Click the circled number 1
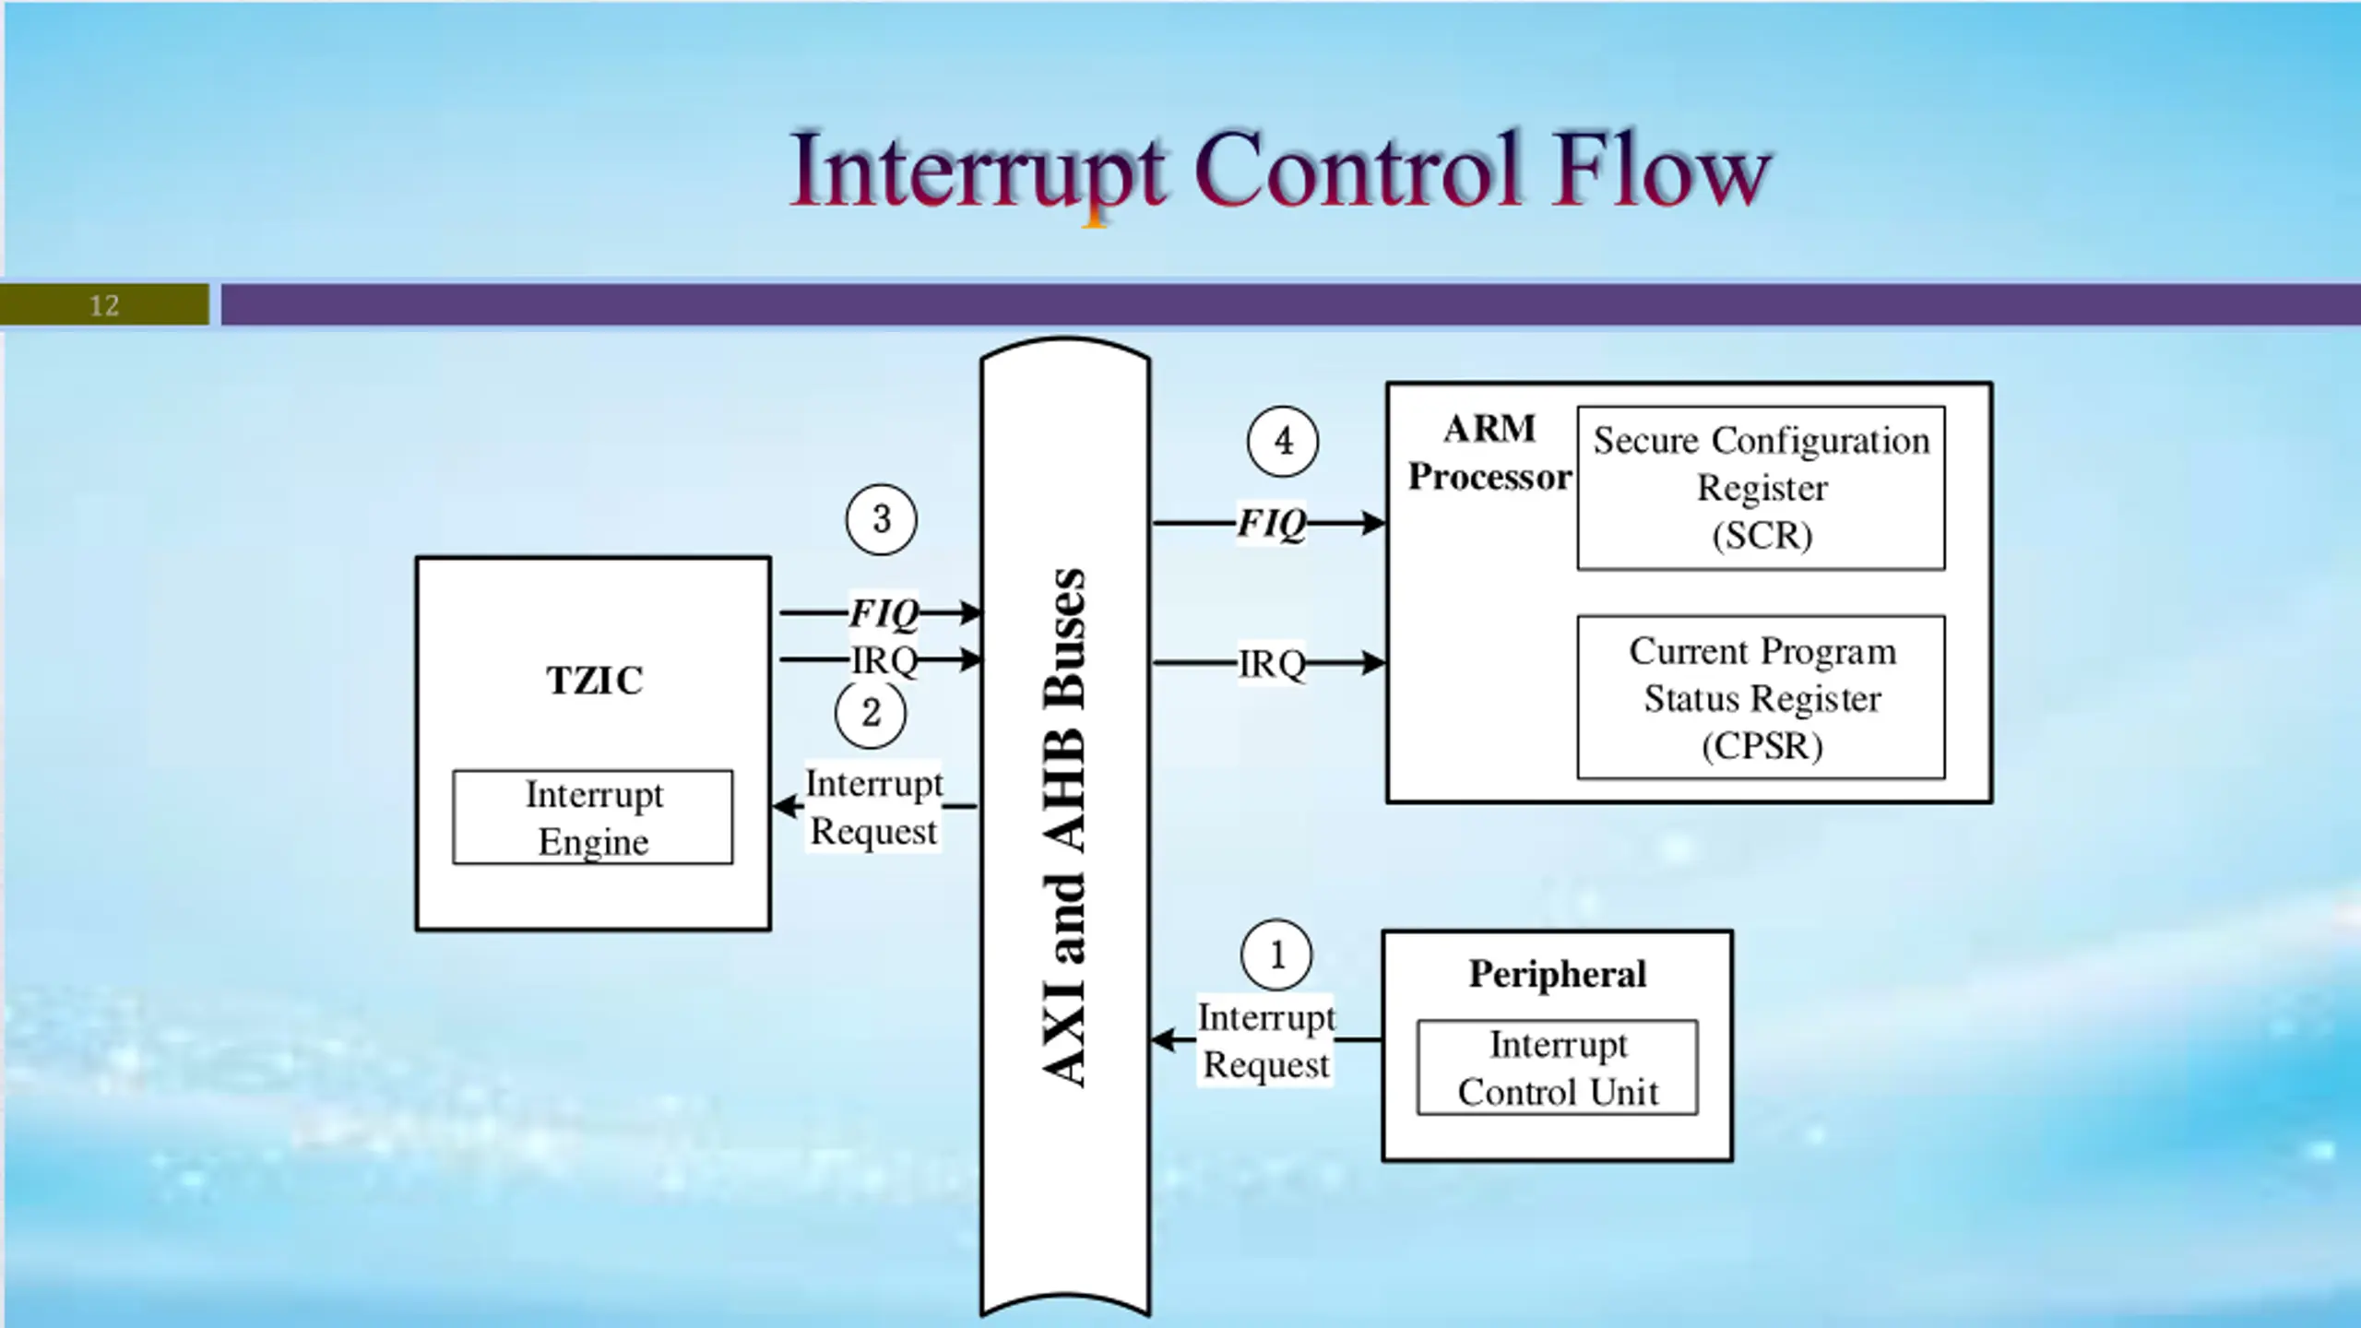click(x=1276, y=954)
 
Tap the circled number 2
click(x=871, y=713)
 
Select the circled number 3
click(x=882, y=519)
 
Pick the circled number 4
click(x=1283, y=442)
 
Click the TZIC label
click(x=595, y=681)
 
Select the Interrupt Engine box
click(x=593, y=817)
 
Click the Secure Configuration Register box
click(x=1762, y=488)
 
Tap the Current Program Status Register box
click(x=1762, y=697)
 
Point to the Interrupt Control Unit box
click(x=1558, y=1067)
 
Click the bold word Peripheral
click(x=1558, y=974)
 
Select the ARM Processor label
click(x=1489, y=453)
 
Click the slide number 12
click(x=104, y=305)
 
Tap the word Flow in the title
click(x=1660, y=170)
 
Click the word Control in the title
click(x=1357, y=170)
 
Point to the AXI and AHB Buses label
click(x=1064, y=827)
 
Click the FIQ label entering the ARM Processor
click(x=1271, y=523)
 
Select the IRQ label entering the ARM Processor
click(x=1272, y=663)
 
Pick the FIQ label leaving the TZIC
click(x=884, y=612)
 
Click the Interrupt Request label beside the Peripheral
click(x=1266, y=1041)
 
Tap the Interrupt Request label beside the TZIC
click(x=874, y=807)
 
